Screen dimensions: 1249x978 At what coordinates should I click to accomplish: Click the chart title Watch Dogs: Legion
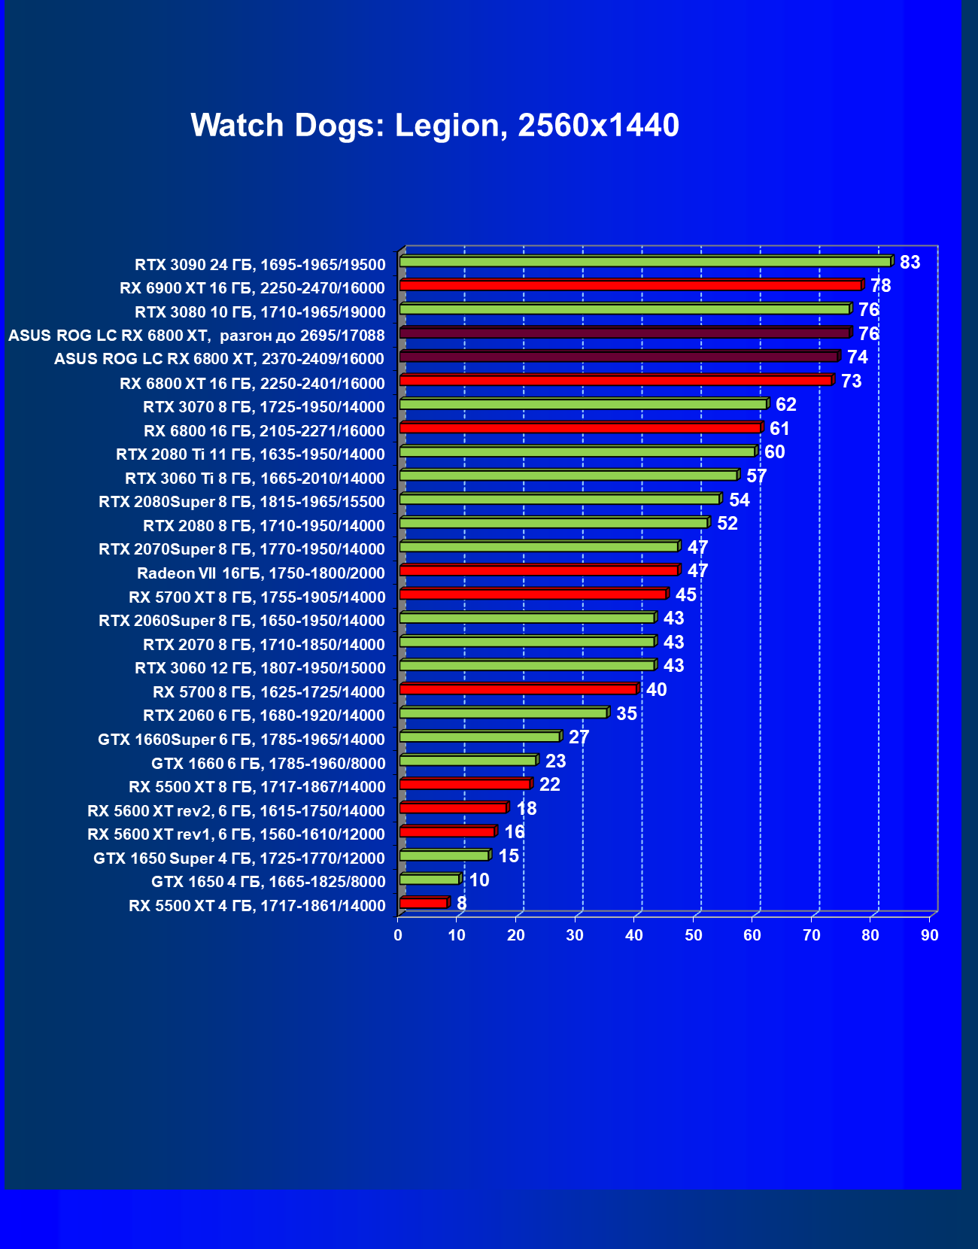(x=435, y=125)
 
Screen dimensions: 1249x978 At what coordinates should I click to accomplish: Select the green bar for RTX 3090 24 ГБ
(x=645, y=262)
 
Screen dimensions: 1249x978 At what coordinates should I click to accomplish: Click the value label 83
(x=910, y=263)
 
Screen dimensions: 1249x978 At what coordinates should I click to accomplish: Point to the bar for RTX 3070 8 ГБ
(x=583, y=405)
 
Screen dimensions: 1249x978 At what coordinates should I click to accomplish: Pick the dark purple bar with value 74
(x=618, y=357)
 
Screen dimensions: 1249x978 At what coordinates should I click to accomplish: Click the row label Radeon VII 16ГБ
(x=260, y=573)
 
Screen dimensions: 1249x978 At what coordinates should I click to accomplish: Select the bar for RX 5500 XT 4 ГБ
(x=424, y=903)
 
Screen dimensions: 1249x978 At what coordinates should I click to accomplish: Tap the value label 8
(x=461, y=903)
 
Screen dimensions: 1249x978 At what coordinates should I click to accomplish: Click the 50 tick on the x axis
(x=693, y=935)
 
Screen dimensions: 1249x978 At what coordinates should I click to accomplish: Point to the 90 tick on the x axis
(x=930, y=935)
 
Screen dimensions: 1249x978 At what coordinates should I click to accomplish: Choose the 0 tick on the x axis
(x=398, y=935)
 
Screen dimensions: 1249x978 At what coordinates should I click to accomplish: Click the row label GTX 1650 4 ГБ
(x=268, y=882)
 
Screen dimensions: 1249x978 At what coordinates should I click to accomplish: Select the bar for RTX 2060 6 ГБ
(x=503, y=713)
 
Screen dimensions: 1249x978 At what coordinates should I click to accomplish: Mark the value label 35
(x=626, y=713)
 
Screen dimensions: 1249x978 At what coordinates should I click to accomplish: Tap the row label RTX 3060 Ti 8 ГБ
(x=254, y=479)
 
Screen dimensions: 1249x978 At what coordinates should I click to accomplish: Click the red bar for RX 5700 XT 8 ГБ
(x=533, y=594)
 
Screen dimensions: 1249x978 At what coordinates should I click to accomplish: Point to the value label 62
(x=785, y=405)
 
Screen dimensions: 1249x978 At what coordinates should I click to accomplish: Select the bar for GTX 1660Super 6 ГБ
(x=479, y=737)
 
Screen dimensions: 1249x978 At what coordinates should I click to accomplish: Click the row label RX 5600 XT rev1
(x=236, y=834)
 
